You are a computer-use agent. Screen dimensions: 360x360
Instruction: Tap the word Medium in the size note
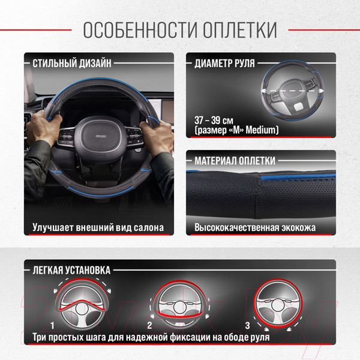point(262,130)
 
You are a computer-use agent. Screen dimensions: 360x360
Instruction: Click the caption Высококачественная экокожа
point(255,228)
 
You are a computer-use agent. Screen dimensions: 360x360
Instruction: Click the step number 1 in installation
point(53,325)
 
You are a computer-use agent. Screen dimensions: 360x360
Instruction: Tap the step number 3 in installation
point(247,325)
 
